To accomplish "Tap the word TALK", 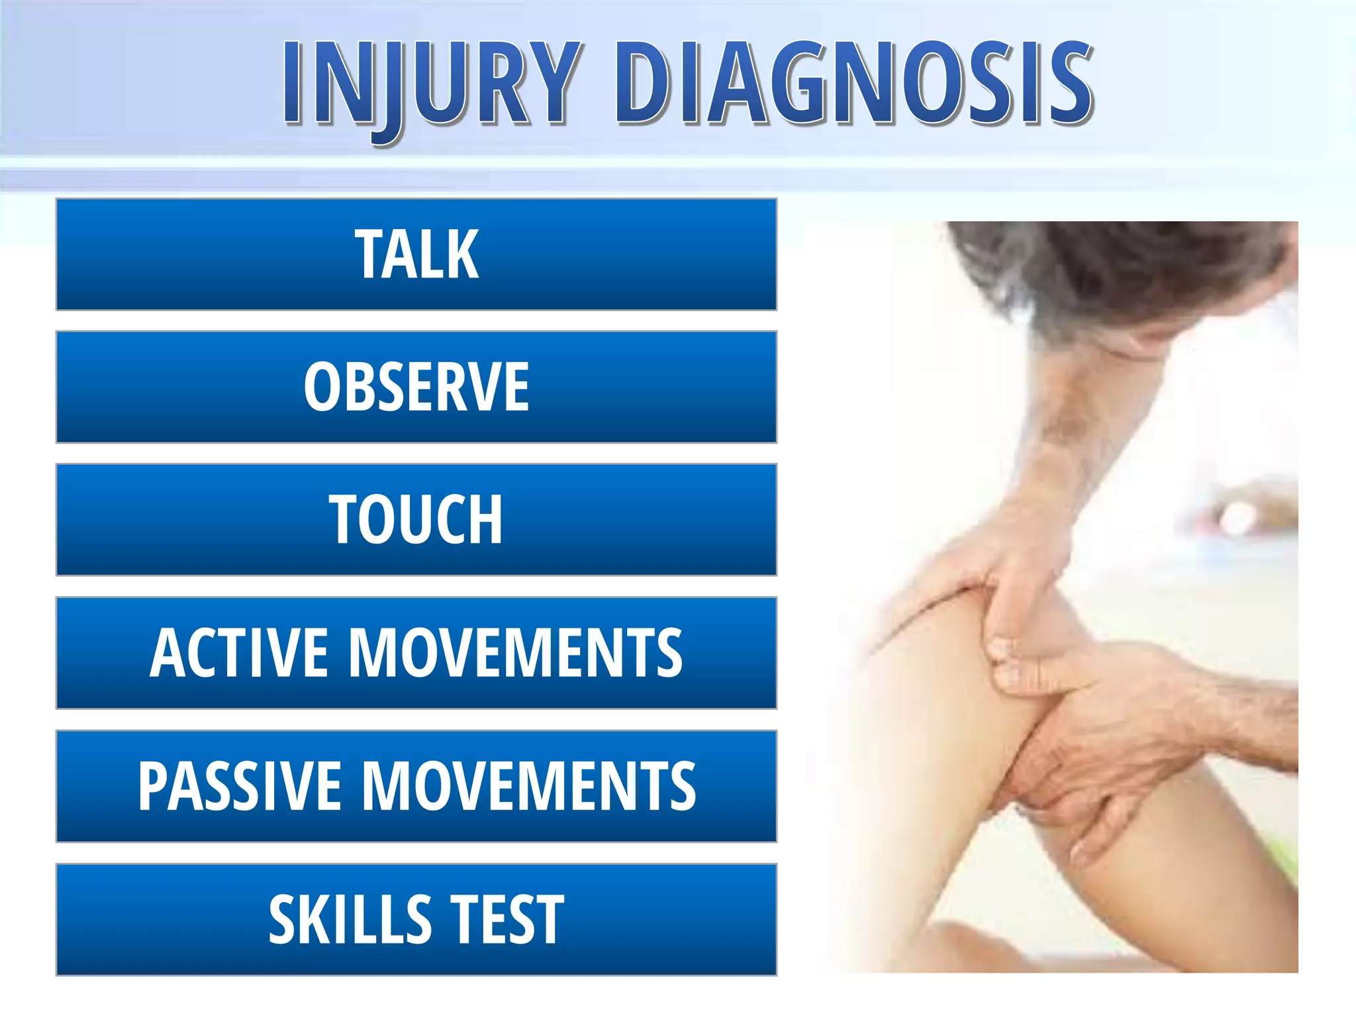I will [416, 254].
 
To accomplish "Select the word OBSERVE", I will [416, 387].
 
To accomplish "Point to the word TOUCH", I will [416, 520].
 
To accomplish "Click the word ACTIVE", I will [239, 653].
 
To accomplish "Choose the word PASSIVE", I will [239, 786].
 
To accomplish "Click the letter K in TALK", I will [463, 254].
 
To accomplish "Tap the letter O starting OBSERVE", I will [321, 387].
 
